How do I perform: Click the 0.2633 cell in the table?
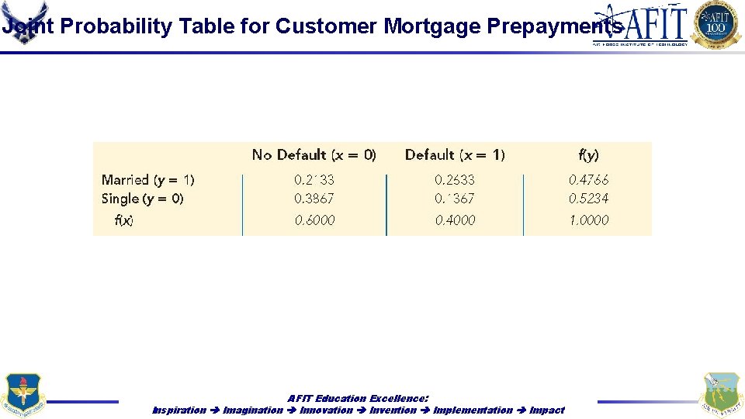pos(454,179)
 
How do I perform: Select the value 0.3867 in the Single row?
pos(314,199)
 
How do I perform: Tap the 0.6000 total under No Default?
pos(314,220)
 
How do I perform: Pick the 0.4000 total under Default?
pos(455,220)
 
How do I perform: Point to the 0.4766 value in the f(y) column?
pos(589,179)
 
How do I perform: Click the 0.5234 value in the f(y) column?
pos(589,199)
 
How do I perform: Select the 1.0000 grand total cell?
pos(589,220)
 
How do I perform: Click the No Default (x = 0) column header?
pos(314,155)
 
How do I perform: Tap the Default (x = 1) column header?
pos(455,155)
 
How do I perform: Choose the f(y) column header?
pos(589,155)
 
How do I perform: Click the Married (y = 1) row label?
pos(148,180)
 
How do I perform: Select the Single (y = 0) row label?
pos(143,199)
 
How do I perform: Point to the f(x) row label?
pos(124,220)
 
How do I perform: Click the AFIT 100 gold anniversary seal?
pos(716,24)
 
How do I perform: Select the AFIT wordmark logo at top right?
pos(641,25)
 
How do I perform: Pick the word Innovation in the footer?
pos(326,410)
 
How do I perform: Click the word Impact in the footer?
pos(546,410)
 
